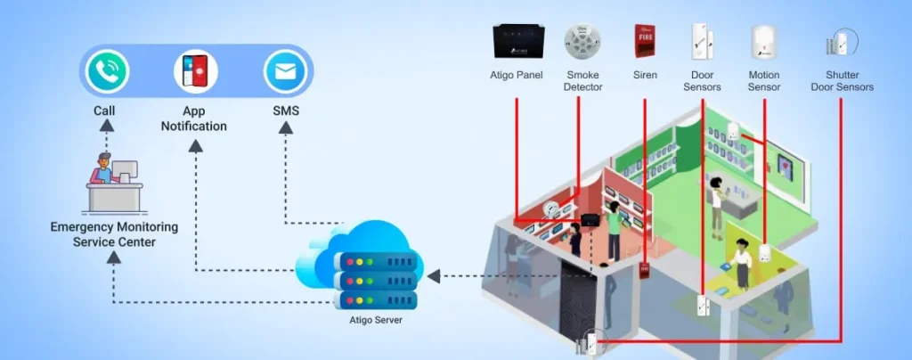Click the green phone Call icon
[107, 71]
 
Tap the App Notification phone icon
[196, 71]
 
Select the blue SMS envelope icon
[285, 71]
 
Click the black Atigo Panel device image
[517, 42]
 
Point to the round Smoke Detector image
[582, 42]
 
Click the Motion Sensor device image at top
[764, 42]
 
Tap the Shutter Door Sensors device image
[841, 42]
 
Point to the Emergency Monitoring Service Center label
[114, 234]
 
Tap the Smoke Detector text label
[582, 81]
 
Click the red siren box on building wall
[644, 270]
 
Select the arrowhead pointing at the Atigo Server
[434, 276]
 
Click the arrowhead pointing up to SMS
[285, 127]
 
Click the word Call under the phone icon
[104, 111]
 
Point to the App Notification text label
[193, 119]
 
